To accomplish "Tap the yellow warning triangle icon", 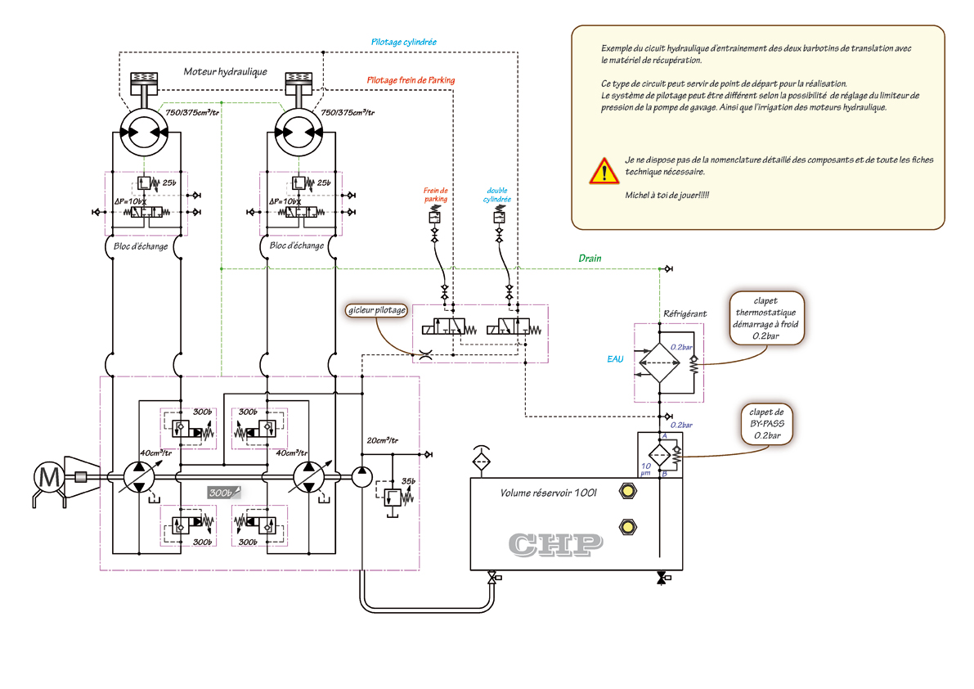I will click(x=604, y=171).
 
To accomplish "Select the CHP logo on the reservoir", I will click(x=556, y=544).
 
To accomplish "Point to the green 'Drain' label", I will click(x=590, y=259).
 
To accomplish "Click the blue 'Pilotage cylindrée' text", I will click(x=404, y=42).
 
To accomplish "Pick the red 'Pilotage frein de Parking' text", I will click(x=411, y=80).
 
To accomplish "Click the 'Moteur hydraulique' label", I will click(x=225, y=72).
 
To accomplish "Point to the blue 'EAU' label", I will click(x=616, y=358).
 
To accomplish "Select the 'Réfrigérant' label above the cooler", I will click(x=684, y=313).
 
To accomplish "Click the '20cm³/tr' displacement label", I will click(x=382, y=441).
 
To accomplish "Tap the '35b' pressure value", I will click(x=406, y=480).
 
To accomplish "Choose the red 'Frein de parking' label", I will click(x=435, y=194).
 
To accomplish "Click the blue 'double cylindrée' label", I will click(x=498, y=194).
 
